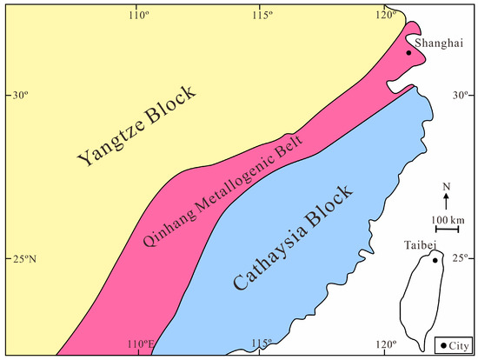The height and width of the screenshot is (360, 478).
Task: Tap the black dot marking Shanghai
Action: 408,53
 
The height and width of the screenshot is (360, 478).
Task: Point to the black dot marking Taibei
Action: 435,259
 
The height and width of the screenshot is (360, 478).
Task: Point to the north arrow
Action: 447,200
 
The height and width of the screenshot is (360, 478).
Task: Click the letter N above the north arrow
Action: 447,187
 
